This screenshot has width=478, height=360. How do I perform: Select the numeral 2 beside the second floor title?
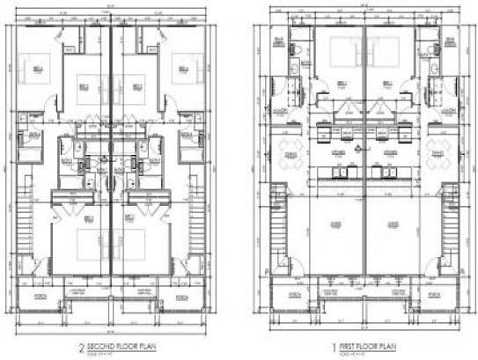pyautogui.click(x=80, y=347)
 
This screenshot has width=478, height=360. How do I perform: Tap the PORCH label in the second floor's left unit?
pyautogui.click(x=38, y=297)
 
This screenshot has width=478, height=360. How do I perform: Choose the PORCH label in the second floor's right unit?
pyautogui.click(x=182, y=297)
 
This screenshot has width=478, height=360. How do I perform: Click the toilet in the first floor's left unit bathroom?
pyautogui.click(x=297, y=48)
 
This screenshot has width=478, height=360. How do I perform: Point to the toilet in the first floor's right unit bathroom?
pyautogui.click(x=433, y=48)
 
